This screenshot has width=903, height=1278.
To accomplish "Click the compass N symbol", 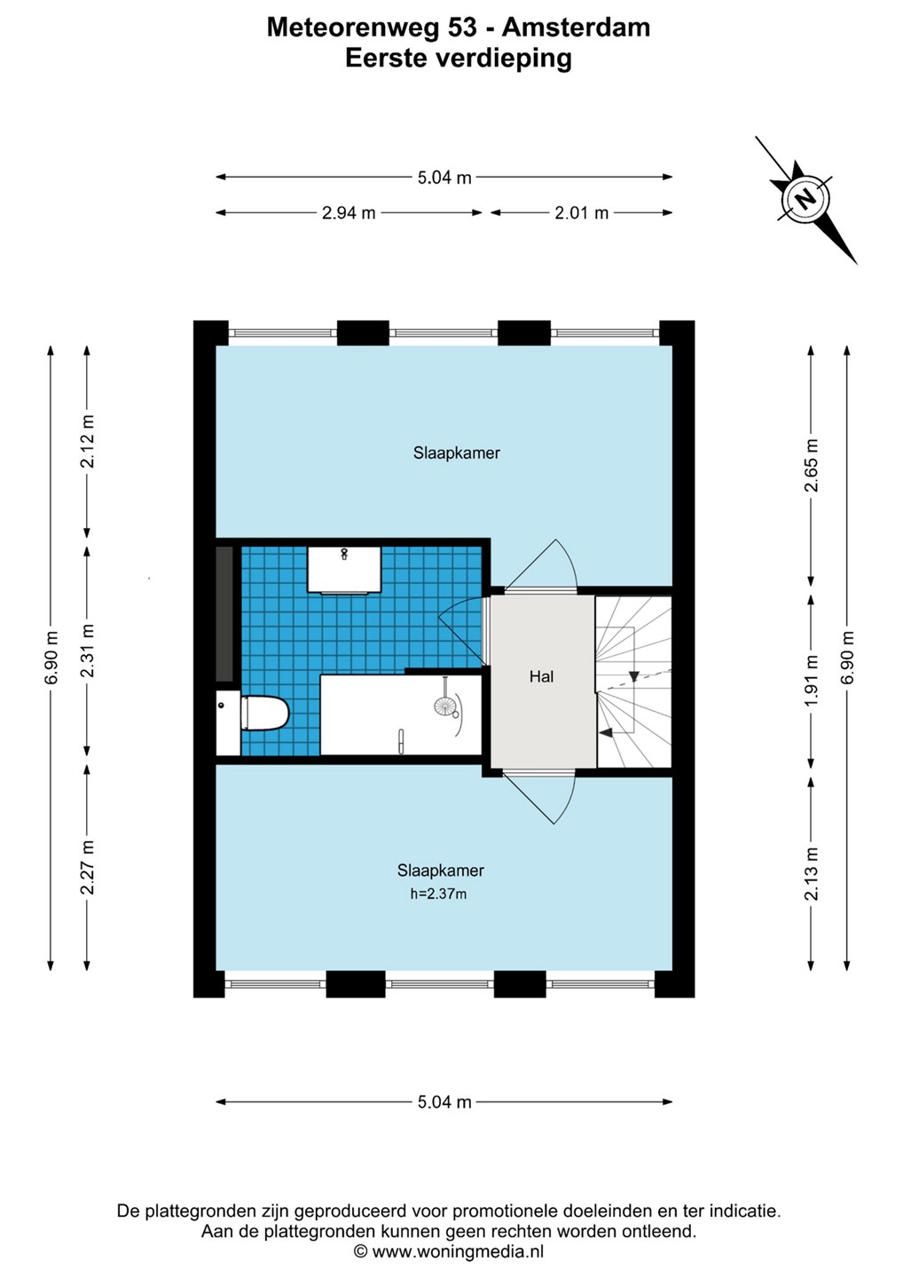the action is click(x=805, y=200).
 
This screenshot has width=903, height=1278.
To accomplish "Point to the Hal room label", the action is click(x=541, y=676).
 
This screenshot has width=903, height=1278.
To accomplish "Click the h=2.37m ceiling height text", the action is click(x=438, y=895).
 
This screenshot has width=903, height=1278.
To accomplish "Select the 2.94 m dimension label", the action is click(x=349, y=213).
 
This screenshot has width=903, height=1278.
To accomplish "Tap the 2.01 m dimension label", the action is click(x=582, y=213).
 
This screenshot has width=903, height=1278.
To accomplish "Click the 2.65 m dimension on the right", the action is click(x=812, y=466).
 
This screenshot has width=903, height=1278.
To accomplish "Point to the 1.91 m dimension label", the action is click(x=812, y=680).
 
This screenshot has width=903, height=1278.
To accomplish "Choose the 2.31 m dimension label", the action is click(x=87, y=651).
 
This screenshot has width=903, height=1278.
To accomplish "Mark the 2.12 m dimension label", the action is click(x=87, y=442).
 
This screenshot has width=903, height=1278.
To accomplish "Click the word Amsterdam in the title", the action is click(x=576, y=28).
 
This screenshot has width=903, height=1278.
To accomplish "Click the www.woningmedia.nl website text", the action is click(x=458, y=1251).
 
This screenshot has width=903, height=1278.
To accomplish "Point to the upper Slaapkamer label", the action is click(x=457, y=453).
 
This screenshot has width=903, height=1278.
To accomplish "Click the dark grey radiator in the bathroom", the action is click(x=224, y=614).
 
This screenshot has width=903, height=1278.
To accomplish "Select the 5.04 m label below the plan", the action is click(x=444, y=1101).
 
